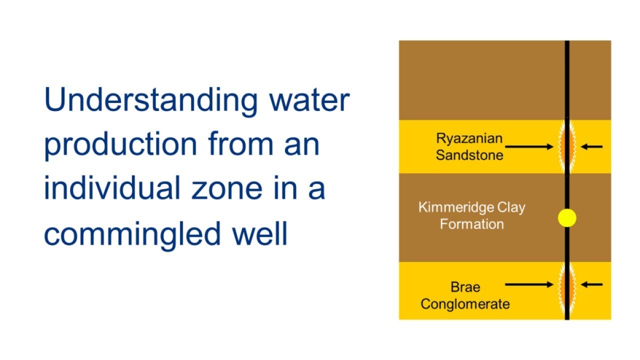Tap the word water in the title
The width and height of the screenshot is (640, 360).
[309, 100]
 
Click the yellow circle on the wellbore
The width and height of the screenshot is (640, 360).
[567, 218]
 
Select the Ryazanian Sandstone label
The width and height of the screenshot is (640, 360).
[469, 146]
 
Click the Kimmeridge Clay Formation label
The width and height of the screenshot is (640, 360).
[471, 215]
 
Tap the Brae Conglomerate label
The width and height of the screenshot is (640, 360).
[465, 295]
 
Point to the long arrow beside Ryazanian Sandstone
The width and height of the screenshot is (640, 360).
[529, 147]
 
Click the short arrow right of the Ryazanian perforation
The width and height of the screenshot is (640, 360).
[592, 147]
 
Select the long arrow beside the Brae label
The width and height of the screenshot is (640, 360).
[529, 284]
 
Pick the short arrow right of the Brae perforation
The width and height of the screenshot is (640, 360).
[592, 284]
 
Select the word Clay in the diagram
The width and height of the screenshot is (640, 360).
[506, 207]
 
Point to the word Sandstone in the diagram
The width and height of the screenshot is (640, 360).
[469, 154]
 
